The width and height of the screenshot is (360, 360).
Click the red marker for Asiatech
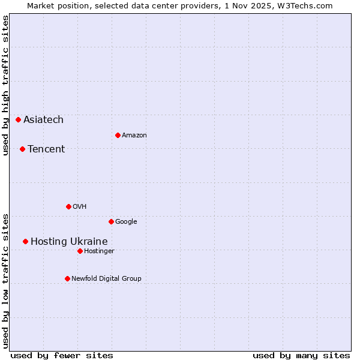pyautogui.click(x=19, y=120)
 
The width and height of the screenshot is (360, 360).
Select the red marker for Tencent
pyautogui.click(x=22, y=149)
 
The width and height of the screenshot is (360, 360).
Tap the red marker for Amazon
pyautogui.click(x=118, y=135)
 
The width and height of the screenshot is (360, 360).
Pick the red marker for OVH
pyautogui.click(x=68, y=206)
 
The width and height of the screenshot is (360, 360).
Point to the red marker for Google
pyautogui.click(x=111, y=221)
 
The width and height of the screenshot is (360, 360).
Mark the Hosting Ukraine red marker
pyautogui.click(x=25, y=241)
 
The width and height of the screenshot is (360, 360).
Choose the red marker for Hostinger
pyautogui.click(x=80, y=251)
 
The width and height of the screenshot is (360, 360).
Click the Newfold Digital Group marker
pyautogui.click(x=67, y=278)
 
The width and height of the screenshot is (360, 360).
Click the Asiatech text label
pyautogui.click(x=43, y=120)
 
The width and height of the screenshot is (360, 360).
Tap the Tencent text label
pyautogui.click(x=46, y=149)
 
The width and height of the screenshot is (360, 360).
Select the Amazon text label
pyautogui.click(x=134, y=135)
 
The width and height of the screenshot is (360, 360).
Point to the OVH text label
pyautogui.click(x=80, y=206)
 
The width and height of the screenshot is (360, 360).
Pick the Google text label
pyautogui.click(x=126, y=221)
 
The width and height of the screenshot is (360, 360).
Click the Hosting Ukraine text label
pyautogui.click(x=69, y=241)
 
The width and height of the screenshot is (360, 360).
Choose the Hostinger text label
pyautogui.click(x=99, y=251)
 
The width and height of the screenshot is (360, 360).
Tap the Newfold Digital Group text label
pyautogui.click(x=106, y=278)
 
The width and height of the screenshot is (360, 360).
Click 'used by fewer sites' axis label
pyautogui.click(x=62, y=355)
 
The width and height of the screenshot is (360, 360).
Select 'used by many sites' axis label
pyautogui.click(x=301, y=355)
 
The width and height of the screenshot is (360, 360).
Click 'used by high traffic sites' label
pyautogui.click(x=5, y=86)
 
